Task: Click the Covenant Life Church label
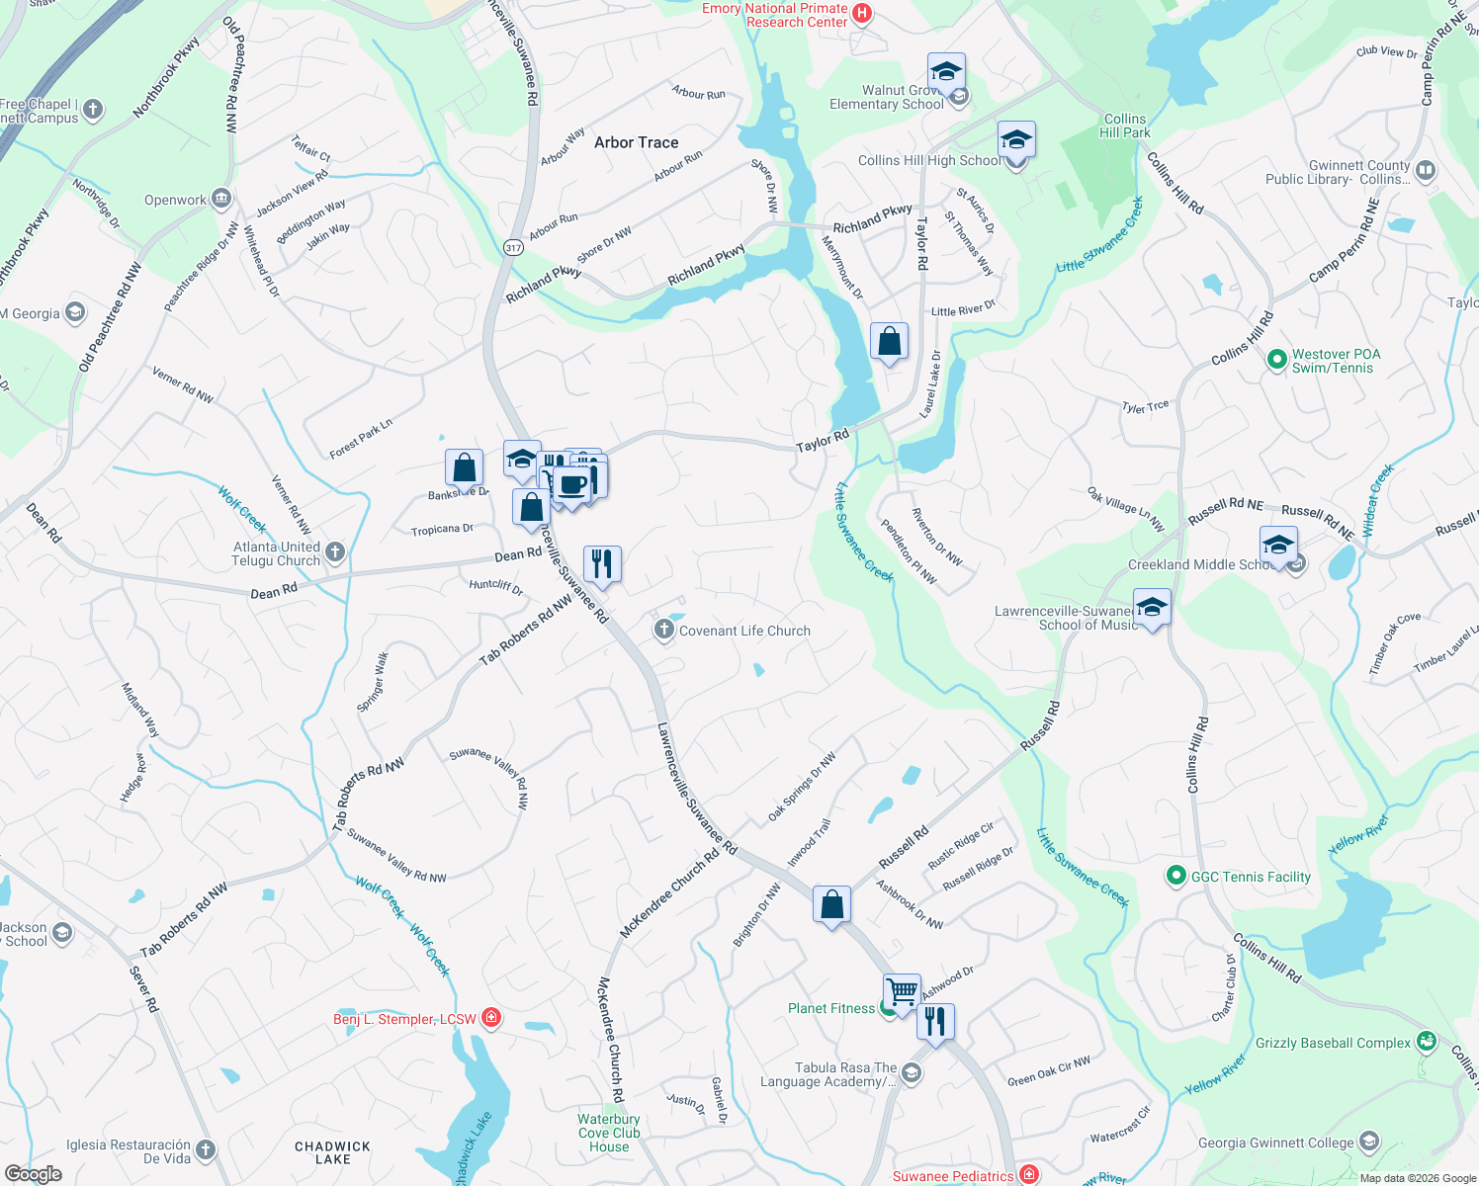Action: pos(744,631)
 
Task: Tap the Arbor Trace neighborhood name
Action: pos(637,142)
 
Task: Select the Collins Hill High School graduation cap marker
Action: pos(1015,140)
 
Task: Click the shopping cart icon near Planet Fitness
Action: pos(902,990)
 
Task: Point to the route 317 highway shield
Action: pos(513,247)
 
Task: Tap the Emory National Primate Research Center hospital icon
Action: pos(862,13)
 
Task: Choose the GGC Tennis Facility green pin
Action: pos(1175,876)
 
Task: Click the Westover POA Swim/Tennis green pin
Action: pos(1276,359)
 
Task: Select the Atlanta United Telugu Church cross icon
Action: pos(335,551)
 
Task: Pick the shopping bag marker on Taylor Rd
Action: pos(889,342)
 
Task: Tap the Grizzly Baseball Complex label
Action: pos(1333,1043)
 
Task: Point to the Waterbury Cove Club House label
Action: pos(609,1133)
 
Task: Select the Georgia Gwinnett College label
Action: pos(1275,1143)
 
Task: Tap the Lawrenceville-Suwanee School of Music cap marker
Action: pos(1152,608)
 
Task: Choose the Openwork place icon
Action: pos(220,199)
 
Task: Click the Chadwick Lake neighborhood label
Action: pos(332,1152)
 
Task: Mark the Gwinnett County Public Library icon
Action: pos(1425,170)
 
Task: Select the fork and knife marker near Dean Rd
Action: pos(602,563)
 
